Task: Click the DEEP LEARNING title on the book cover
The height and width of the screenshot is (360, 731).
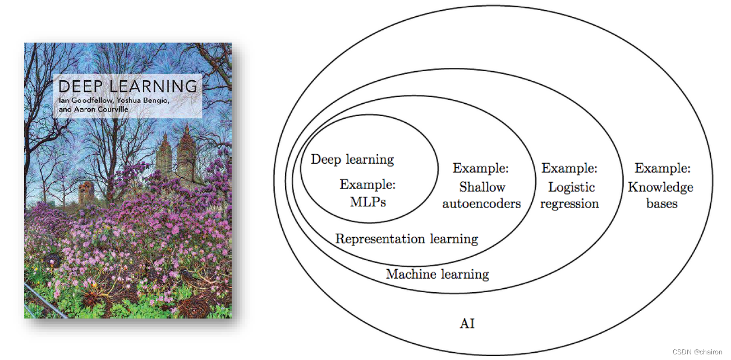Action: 128,86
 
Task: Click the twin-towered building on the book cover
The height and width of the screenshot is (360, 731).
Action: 175,151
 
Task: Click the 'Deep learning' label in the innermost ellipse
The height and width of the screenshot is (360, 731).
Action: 352,159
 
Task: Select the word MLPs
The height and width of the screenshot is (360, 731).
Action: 368,202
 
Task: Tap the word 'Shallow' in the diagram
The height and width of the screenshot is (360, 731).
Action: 482,187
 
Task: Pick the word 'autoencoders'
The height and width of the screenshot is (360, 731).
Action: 481,204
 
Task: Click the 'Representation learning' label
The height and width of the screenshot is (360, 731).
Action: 407,239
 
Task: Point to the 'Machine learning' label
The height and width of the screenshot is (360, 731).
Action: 438,274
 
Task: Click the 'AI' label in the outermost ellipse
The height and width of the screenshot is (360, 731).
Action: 467,324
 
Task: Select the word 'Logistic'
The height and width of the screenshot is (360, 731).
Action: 571,187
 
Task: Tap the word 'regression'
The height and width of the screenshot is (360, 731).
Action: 569,204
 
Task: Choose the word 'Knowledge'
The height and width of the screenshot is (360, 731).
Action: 660,187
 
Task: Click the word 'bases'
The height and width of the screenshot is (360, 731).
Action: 661,204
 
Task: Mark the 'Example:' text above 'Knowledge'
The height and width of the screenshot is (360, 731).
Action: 663,168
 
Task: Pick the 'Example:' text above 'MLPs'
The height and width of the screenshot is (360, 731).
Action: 367,184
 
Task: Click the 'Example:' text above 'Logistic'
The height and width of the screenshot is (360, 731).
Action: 569,168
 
